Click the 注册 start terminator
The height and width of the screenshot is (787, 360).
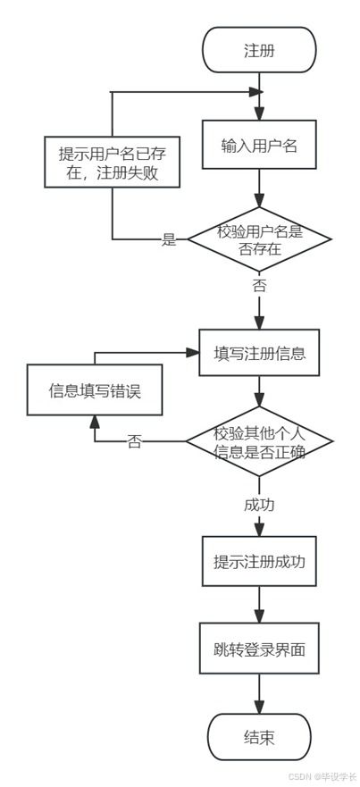click(259, 50)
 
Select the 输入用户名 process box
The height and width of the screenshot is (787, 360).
click(259, 147)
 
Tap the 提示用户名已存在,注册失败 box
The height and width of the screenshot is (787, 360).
click(112, 163)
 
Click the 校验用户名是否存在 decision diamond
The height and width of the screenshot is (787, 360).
click(259, 239)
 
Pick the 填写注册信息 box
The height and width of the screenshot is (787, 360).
click(259, 352)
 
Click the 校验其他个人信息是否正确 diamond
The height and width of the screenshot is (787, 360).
click(259, 441)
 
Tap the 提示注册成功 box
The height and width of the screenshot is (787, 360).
click(259, 563)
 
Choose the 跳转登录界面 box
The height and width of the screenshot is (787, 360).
click(259, 649)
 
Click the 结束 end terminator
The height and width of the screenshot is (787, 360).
click(259, 738)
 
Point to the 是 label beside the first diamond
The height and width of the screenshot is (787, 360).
click(169, 239)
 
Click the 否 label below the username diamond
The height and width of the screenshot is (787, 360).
click(259, 286)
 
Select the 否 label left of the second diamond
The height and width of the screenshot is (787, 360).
click(134, 442)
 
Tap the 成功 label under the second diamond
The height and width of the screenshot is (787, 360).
click(259, 505)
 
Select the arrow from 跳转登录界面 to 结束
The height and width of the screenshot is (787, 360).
click(259, 693)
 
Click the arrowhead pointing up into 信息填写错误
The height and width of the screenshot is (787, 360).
click(94, 423)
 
